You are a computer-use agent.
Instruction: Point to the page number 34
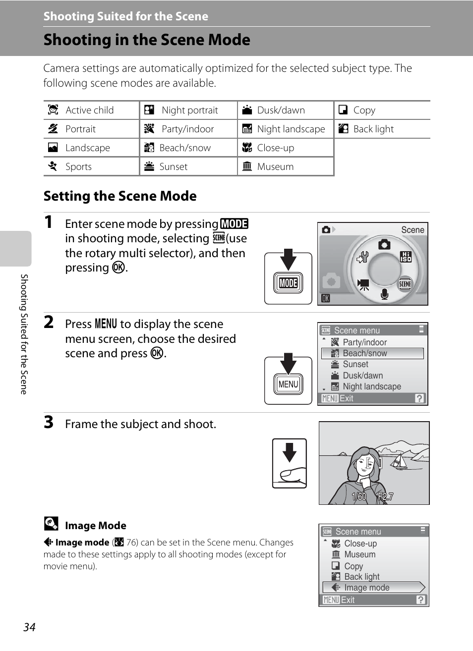tap(29, 627)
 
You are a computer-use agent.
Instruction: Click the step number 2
tap(49, 322)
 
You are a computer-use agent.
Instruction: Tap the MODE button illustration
tap(288, 283)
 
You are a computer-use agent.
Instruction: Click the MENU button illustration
tap(288, 384)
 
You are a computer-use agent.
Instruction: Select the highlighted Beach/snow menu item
tap(372, 353)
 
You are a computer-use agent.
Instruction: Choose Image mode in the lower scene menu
tap(372, 588)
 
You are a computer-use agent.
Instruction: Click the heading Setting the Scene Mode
tap(120, 196)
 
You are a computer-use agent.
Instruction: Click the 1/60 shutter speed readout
tap(359, 496)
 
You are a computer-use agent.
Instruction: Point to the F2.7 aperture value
tap(385, 496)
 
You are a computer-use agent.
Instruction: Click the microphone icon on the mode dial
tap(384, 294)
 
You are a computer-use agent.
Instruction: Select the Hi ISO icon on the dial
tap(406, 257)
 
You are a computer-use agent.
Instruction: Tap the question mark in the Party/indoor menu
tap(419, 398)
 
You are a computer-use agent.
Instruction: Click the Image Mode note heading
tap(95, 526)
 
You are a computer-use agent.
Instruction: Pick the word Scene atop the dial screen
tap(413, 230)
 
